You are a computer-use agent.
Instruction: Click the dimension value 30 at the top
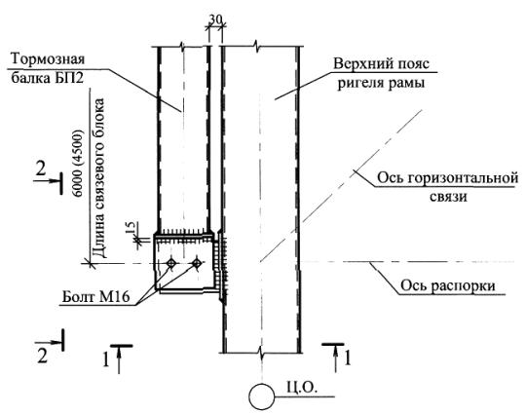pyautogui.click(x=215, y=19)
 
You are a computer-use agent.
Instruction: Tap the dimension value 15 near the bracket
pyautogui.click(x=131, y=228)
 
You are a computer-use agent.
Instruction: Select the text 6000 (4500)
pyautogui.click(x=78, y=163)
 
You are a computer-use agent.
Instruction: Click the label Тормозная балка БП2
pyautogui.click(x=48, y=69)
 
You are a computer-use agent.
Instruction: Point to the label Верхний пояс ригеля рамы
pyautogui.click(x=381, y=73)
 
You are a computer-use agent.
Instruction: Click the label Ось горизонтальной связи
pyautogui.click(x=448, y=186)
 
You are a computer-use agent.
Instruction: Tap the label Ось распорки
pyautogui.click(x=448, y=285)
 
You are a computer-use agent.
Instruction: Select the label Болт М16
pyautogui.click(x=96, y=297)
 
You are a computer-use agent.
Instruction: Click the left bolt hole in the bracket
pyautogui.click(x=171, y=263)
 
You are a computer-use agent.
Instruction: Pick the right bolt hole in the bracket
pyautogui.click(x=197, y=263)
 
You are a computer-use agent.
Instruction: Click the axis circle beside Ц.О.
pyautogui.click(x=262, y=396)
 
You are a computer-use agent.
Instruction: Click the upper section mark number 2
pyautogui.click(x=41, y=169)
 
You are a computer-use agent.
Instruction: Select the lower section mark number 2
pyautogui.click(x=42, y=357)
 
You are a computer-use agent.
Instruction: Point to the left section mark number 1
pyautogui.click(x=105, y=360)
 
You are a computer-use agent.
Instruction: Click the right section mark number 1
pyautogui.click(x=348, y=358)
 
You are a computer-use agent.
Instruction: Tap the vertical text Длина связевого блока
pyautogui.click(x=98, y=178)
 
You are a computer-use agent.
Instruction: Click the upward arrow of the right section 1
pyautogui.click(x=336, y=359)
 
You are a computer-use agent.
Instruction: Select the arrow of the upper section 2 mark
pyautogui.click(x=47, y=181)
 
